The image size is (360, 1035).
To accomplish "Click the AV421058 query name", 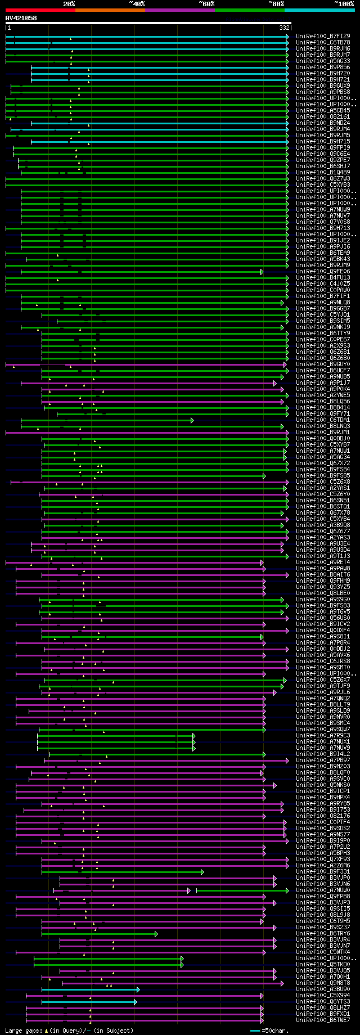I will click(x=21, y=18).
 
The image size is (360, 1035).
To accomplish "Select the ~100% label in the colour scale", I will click(x=344, y=4).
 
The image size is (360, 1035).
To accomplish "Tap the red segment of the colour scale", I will click(x=40, y=10).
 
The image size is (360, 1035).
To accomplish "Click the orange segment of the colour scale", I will click(x=110, y=10).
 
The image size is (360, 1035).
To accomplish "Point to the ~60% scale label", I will click(x=206, y=4).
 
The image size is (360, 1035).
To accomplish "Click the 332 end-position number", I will click(x=285, y=28).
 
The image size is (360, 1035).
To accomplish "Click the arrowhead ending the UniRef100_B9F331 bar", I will click(x=202, y=872).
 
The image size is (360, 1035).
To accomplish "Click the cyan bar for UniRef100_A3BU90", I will click(x=90, y=989).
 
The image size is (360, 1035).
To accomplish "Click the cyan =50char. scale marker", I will click(x=255, y=1030).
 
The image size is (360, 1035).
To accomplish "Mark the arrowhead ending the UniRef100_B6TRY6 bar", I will click(x=156, y=934).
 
